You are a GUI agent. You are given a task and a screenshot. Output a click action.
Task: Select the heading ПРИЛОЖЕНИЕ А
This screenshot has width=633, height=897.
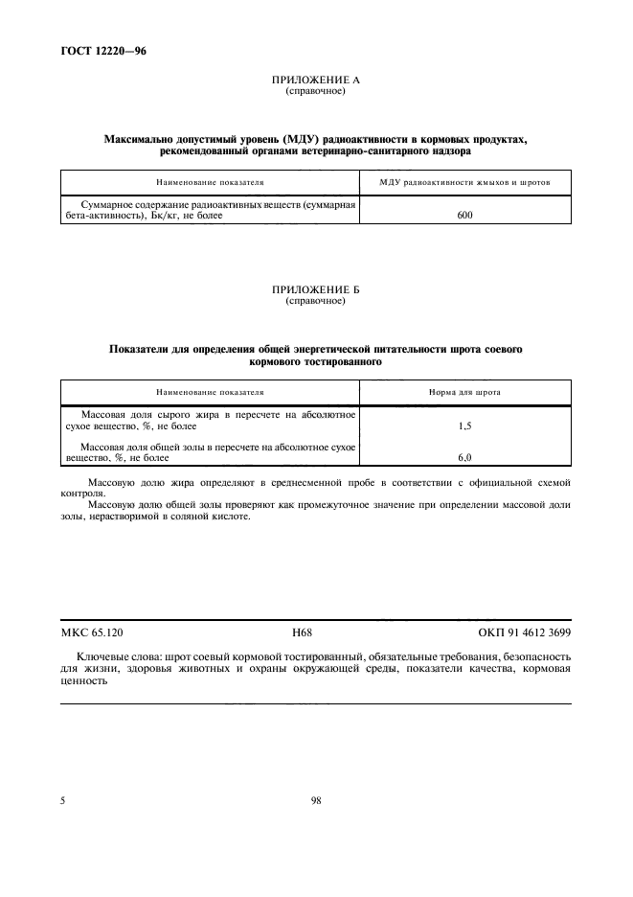[x=315, y=81]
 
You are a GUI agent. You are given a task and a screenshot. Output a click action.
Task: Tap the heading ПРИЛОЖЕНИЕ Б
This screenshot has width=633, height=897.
[x=315, y=290]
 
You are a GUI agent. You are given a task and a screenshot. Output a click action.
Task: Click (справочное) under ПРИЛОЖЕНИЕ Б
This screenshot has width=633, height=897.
[x=315, y=301]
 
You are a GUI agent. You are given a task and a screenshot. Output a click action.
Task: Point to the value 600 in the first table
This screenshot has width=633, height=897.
[x=465, y=216]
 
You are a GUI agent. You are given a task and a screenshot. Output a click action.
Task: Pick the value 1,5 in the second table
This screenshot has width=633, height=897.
[x=465, y=425]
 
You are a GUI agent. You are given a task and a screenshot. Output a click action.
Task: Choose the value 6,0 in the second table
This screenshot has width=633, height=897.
[x=465, y=458]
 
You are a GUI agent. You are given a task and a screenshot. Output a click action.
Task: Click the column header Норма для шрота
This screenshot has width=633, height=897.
[x=464, y=392]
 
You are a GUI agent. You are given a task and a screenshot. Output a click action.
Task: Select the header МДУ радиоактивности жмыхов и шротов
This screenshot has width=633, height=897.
[x=464, y=182]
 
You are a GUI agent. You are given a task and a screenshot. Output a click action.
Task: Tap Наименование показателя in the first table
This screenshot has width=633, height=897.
[x=210, y=182]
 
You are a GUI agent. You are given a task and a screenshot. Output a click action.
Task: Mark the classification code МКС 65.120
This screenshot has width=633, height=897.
[x=91, y=633]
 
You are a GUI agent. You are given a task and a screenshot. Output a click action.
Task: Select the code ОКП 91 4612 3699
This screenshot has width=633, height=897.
[x=524, y=633]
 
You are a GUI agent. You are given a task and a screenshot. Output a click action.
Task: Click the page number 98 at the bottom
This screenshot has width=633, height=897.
[x=315, y=801]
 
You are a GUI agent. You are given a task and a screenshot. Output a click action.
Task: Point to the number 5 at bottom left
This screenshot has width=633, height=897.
[x=62, y=801]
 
